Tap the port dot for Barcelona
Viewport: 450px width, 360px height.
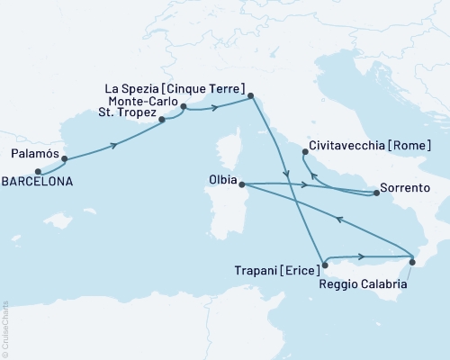[38, 170]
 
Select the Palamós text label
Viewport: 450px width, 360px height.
[33, 154]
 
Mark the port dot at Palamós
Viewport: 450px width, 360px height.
[64, 159]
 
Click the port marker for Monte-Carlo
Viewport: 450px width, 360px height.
[184, 107]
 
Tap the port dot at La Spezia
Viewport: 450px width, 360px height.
[251, 94]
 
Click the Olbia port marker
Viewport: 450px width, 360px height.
[241, 184]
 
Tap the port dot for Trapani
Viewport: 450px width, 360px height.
[325, 265]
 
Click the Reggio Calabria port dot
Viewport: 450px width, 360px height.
[411, 262]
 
